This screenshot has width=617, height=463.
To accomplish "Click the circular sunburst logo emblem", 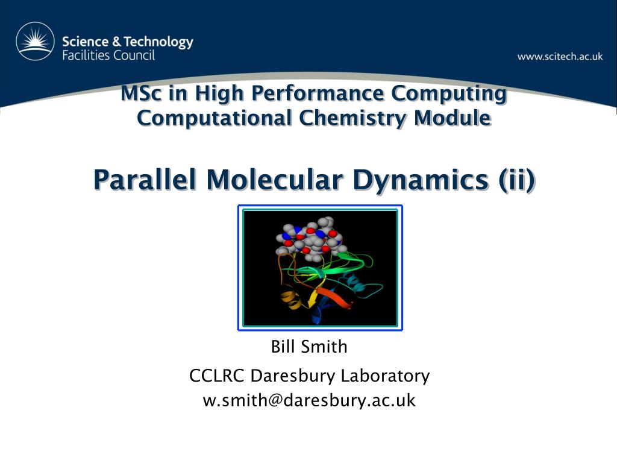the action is tap(35, 42).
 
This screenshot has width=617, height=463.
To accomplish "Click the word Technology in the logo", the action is tap(158, 42).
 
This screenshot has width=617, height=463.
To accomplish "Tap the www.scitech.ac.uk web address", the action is tap(560, 56).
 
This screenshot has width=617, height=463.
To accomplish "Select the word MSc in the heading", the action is tap(140, 93).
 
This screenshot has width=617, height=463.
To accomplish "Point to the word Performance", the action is tap(317, 93).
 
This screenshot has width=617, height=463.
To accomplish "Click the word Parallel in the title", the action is tap(145, 180).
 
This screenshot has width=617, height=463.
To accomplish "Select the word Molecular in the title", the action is tap(274, 180).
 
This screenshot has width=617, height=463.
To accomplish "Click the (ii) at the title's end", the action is tap(516, 180).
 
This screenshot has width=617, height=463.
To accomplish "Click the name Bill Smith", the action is tap(309, 347).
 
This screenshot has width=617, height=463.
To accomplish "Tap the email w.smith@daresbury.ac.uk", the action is tap(309, 400).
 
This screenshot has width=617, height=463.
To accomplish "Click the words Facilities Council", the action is tap(108, 55).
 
